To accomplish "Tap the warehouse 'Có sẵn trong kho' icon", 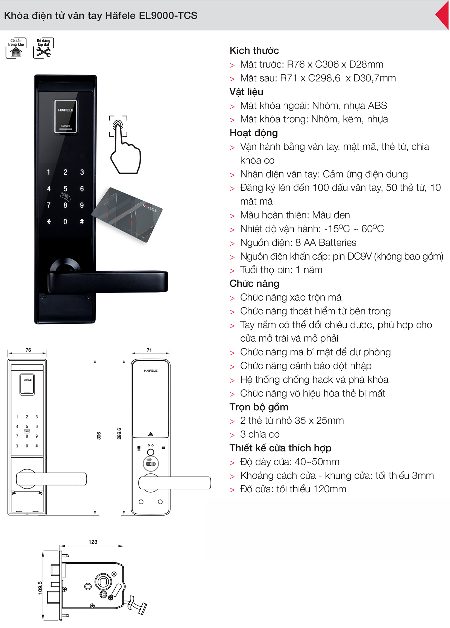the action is [x=16, y=48].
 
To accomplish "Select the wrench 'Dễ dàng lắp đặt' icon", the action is [x=43, y=48].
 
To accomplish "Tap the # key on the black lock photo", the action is [x=82, y=222].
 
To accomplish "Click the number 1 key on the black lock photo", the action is [x=49, y=172].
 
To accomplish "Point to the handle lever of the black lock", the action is [x=107, y=281].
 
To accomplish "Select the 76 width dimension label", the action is [x=28, y=350].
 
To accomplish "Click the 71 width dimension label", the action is [x=149, y=350].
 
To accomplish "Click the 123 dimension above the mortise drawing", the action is [x=93, y=542].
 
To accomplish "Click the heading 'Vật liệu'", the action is [x=246, y=92].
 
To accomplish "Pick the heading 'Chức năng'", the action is [x=254, y=283].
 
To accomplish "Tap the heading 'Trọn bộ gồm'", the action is [x=259, y=407].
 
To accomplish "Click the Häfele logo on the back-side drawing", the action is [x=150, y=371].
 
